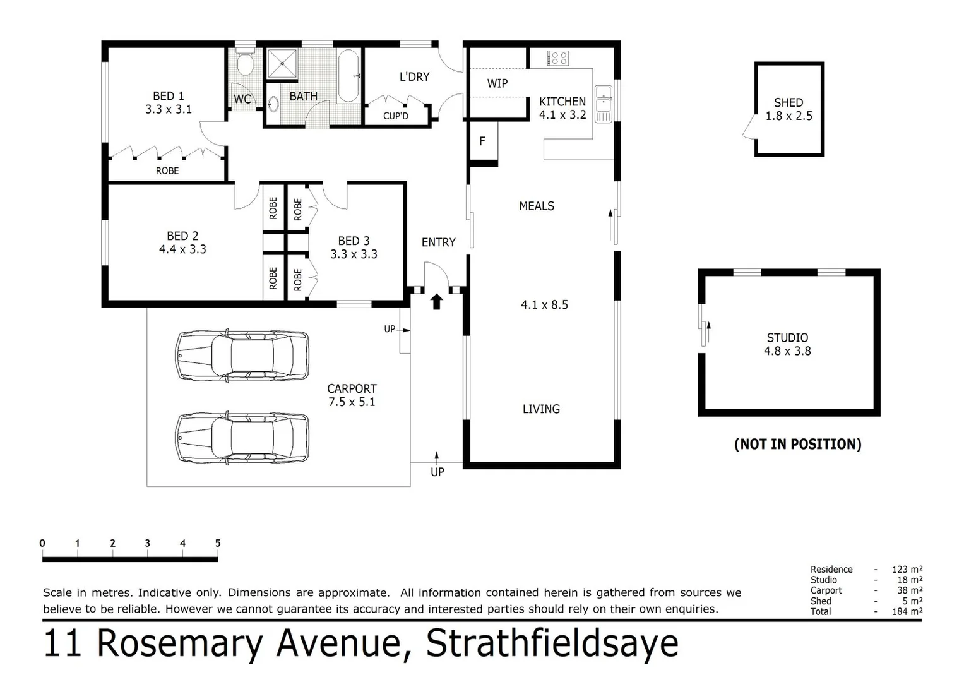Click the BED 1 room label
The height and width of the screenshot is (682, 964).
tap(168, 96)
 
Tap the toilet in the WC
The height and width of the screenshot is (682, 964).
tap(244, 63)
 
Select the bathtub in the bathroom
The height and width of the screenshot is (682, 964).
tap(348, 76)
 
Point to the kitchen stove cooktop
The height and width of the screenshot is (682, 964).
tap(558, 59)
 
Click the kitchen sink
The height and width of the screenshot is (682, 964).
tap(603, 101)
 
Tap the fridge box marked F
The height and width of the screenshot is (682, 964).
tap(482, 141)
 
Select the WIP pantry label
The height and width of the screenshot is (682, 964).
tap(497, 83)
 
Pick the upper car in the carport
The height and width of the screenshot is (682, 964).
tap(242, 355)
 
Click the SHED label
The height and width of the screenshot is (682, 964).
tap(788, 102)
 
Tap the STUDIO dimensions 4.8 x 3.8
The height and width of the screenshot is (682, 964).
tap(787, 351)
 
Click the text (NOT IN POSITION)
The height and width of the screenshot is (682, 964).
tap(797, 444)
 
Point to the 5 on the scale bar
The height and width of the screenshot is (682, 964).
tap(218, 543)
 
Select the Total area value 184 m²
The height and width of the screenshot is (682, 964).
tap(907, 611)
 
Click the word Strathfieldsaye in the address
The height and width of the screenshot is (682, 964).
tap(552, 643)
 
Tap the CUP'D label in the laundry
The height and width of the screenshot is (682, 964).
tap(396, 116)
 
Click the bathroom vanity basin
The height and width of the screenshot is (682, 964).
tap(274, 104)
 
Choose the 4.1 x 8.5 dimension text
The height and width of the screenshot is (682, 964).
tap(544, 305)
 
